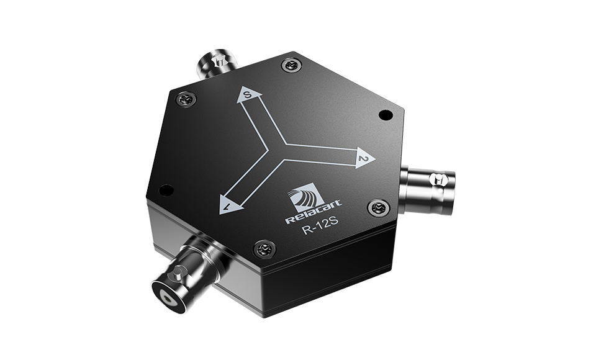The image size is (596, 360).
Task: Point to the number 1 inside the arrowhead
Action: click(x=228, y=205)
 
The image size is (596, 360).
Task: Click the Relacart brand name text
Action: click(x=313, y=212)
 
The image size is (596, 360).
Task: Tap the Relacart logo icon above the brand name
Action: click(x=306, y=196)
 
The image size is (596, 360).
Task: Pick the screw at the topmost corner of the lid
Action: click(x=292, y=65)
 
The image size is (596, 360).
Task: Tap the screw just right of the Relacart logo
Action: click(x=379, y=207)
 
